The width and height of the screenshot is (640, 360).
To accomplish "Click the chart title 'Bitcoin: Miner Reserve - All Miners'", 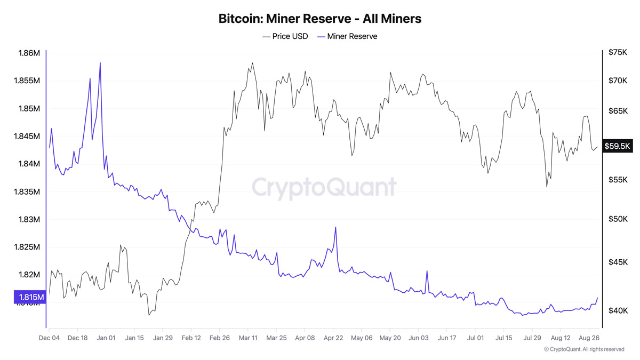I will [x=320, y=19].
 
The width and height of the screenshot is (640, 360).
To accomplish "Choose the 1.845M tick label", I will [x=27, y=137].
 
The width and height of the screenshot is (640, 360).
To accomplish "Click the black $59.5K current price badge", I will [x=617, y=146].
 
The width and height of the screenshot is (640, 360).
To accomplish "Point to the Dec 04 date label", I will [x=50, y=338].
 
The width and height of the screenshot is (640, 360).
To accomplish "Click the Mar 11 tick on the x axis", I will [x=247, y=338].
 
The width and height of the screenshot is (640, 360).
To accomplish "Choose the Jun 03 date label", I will [x=418, y=338].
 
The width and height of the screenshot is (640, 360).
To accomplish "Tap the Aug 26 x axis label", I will [x=589, y=338].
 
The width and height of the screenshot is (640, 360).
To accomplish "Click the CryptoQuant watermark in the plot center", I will [x=324, y=187].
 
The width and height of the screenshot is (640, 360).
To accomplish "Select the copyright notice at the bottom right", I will [x=583, y=349].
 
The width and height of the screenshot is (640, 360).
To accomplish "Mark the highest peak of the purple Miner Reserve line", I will [x=100, y=63].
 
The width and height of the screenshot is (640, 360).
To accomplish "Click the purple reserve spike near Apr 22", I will [x=335, y=227].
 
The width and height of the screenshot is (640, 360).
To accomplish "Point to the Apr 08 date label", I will [x=305, y=338].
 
